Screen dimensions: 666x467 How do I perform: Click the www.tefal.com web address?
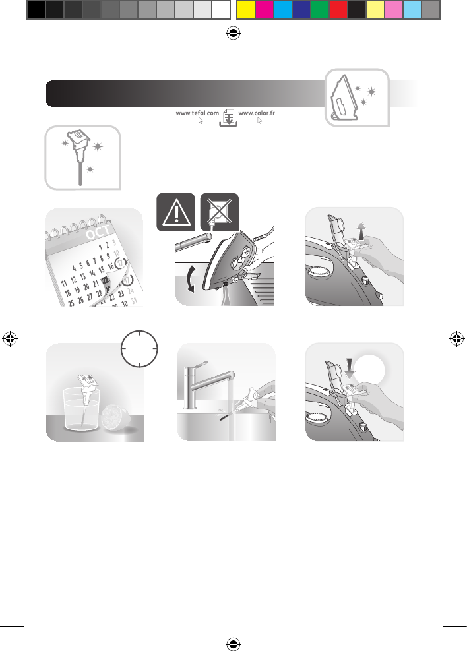pyautogui.click(x=197, y=113)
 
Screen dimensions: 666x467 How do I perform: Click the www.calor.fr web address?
pyautogui.click(x=256, y=113)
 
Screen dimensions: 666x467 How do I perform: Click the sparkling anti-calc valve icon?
pyautogui.click(x=82, y=157)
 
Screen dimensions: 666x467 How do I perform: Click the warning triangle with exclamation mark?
pyautogui.click(x=175, y=212)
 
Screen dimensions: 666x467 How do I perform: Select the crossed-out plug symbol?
pyautogui.click(x=218, y=212)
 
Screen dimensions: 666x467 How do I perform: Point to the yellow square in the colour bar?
pyautogui.click(x=245, y=10)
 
